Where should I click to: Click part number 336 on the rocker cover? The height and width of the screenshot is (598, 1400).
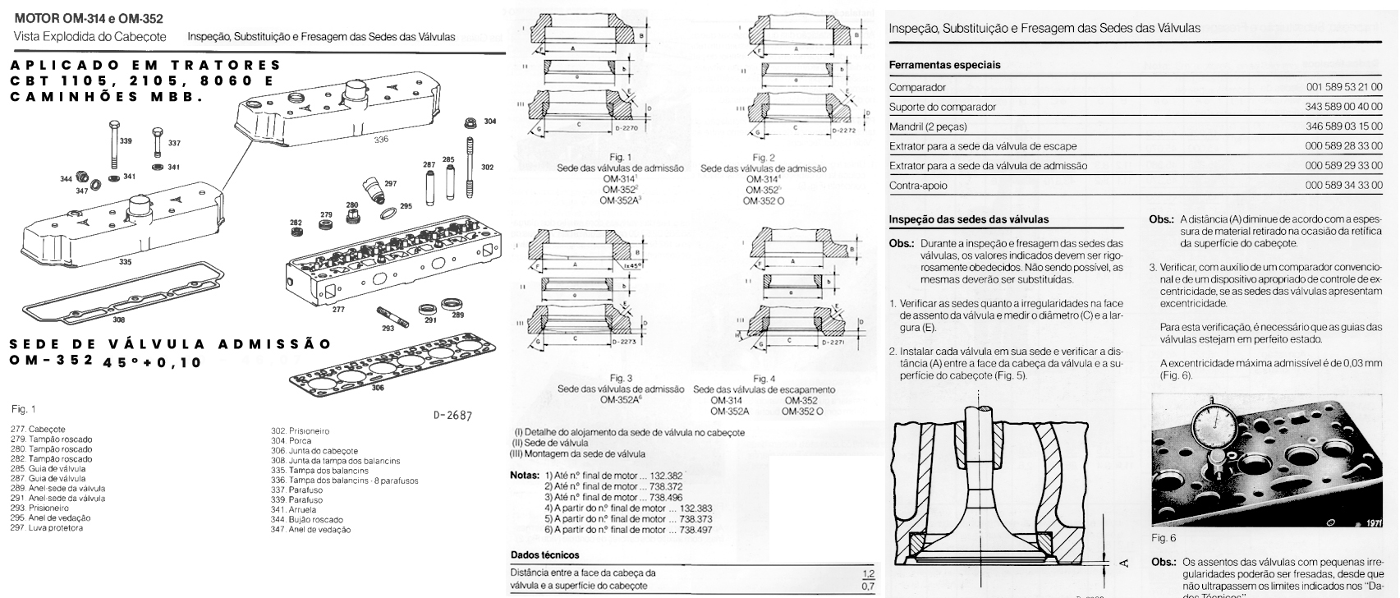[x=380, y=140]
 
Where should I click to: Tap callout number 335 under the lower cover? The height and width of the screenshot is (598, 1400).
[x=124, y=262]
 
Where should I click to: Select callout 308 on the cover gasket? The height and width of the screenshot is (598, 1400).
[x=119, y=320]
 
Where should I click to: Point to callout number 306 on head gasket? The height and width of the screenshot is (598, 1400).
[x=377, y=387]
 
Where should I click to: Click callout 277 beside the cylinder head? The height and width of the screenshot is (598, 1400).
[x=338, y=310]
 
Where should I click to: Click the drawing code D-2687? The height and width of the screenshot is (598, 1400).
[x=452, y=416]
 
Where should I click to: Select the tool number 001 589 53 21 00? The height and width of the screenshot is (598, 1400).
[x=1344, y=87]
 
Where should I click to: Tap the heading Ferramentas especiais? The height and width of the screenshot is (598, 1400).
[x=944, y=65]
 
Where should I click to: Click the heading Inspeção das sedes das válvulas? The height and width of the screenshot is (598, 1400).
[x=968, y=219]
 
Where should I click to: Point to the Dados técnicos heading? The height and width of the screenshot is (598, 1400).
[x=544, y=555]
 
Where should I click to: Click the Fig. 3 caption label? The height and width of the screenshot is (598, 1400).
[x=623, y=379]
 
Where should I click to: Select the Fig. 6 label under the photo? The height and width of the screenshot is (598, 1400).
[x=1164, y=538]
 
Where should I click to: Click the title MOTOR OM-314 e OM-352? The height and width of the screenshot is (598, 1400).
[x=90, y=18]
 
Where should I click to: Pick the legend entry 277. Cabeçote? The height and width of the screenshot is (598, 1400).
[x=38, y=430]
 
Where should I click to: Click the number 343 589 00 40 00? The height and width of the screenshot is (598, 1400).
[x=1344, y=107]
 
